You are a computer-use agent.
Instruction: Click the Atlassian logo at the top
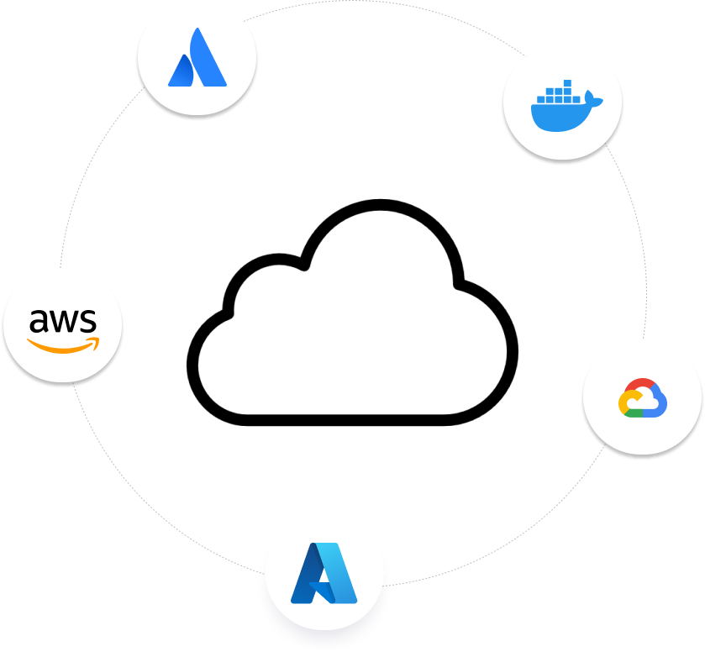coord(197,59)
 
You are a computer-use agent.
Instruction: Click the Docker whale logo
coord(563,104)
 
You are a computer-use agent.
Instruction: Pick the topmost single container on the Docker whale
coord(567,84)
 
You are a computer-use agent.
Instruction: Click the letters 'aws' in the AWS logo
coord(62,321)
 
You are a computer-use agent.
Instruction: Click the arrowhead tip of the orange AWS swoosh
coord(95,341)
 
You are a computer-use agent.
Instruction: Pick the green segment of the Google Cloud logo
coord(634,413)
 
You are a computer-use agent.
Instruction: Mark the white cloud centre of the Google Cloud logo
coord(643,402)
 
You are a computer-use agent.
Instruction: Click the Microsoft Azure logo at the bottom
coord(324,573)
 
